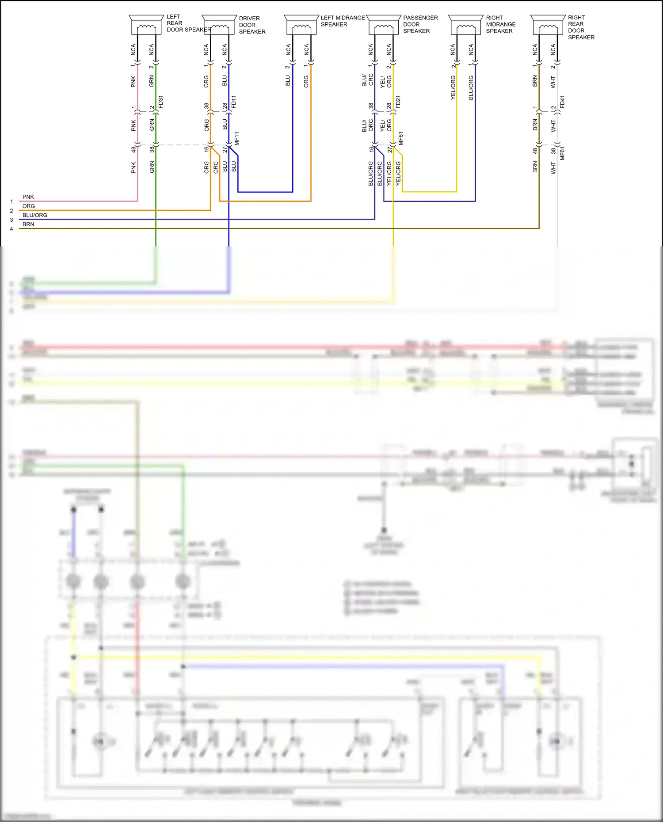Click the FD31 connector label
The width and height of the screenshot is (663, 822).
point(161,102)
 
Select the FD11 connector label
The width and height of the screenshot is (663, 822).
point(234,102)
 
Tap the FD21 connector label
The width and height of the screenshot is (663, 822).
point(398,102)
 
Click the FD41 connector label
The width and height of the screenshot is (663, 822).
point(562,102)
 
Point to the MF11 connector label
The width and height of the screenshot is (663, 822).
point(237,138)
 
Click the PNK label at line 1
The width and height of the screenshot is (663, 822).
point(28,197)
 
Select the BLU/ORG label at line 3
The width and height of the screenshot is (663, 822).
point(35,215)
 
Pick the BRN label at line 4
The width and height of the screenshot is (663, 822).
point(28,224)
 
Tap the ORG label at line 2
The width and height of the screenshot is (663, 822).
point(29,206)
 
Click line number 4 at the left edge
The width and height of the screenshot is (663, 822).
point(11,229)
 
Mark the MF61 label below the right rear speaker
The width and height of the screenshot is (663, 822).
point(562,153)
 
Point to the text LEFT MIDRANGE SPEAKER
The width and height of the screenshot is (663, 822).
point(343,21)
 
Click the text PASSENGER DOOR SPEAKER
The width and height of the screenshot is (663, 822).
point(420,24)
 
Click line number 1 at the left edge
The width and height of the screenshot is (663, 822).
point(11,201)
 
